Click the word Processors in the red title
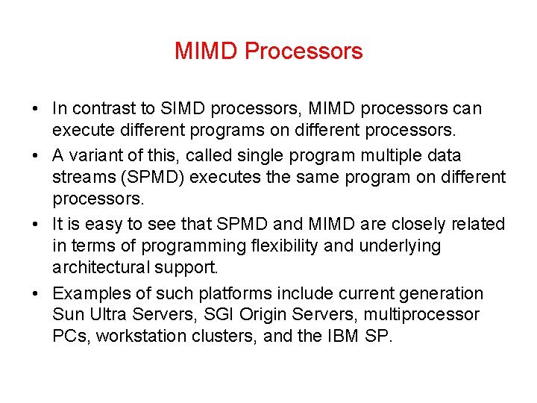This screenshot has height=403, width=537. pos(304,51)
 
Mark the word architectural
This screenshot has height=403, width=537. pos(95,267)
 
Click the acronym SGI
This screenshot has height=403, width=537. pos(188,315)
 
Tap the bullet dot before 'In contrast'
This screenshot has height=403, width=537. pos(36,110)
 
